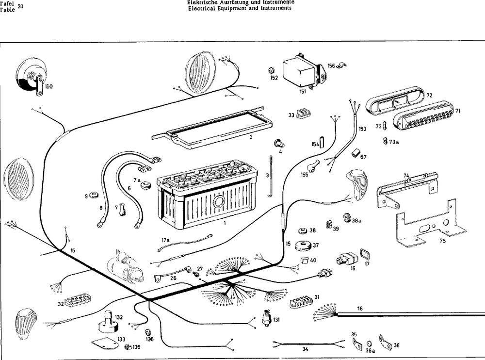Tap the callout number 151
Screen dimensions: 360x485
(x=303, y=91)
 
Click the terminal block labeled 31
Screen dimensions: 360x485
(x=301, y=301)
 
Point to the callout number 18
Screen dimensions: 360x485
(x=359, y=309)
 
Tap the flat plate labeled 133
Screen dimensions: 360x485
(x=106, y=343)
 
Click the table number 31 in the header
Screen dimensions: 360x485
(x=20, y=6)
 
